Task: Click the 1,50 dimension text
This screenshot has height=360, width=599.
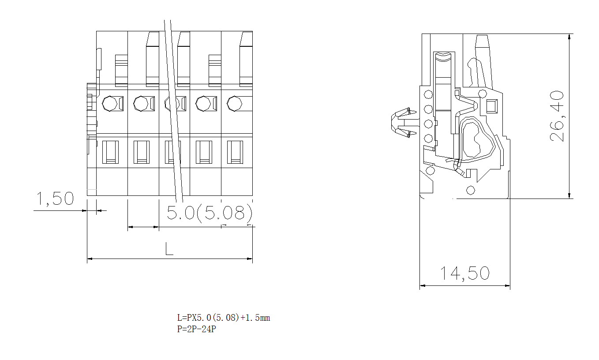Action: click(x=55, y=199)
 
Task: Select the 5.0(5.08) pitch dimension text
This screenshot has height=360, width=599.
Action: click(x=210, y=213)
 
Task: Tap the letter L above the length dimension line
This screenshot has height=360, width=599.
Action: click(x=169, y=249)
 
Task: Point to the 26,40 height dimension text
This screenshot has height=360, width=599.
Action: click(x=558, y=116)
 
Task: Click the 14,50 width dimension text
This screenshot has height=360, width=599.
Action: click(x=465, y=274)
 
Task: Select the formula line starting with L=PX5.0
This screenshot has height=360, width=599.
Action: click(x=223, y=318)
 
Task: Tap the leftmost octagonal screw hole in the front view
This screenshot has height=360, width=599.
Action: click(x=109, y=104)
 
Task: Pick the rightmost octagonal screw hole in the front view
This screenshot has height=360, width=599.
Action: click(x=234, y=104)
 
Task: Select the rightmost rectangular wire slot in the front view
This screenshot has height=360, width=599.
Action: click(x=235, y=152)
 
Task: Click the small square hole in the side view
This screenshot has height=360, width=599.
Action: click(x=491, y=106)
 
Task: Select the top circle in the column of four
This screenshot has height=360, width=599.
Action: click(x=427, y=94)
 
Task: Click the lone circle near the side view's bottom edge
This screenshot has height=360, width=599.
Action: click(x=471, y=190)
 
